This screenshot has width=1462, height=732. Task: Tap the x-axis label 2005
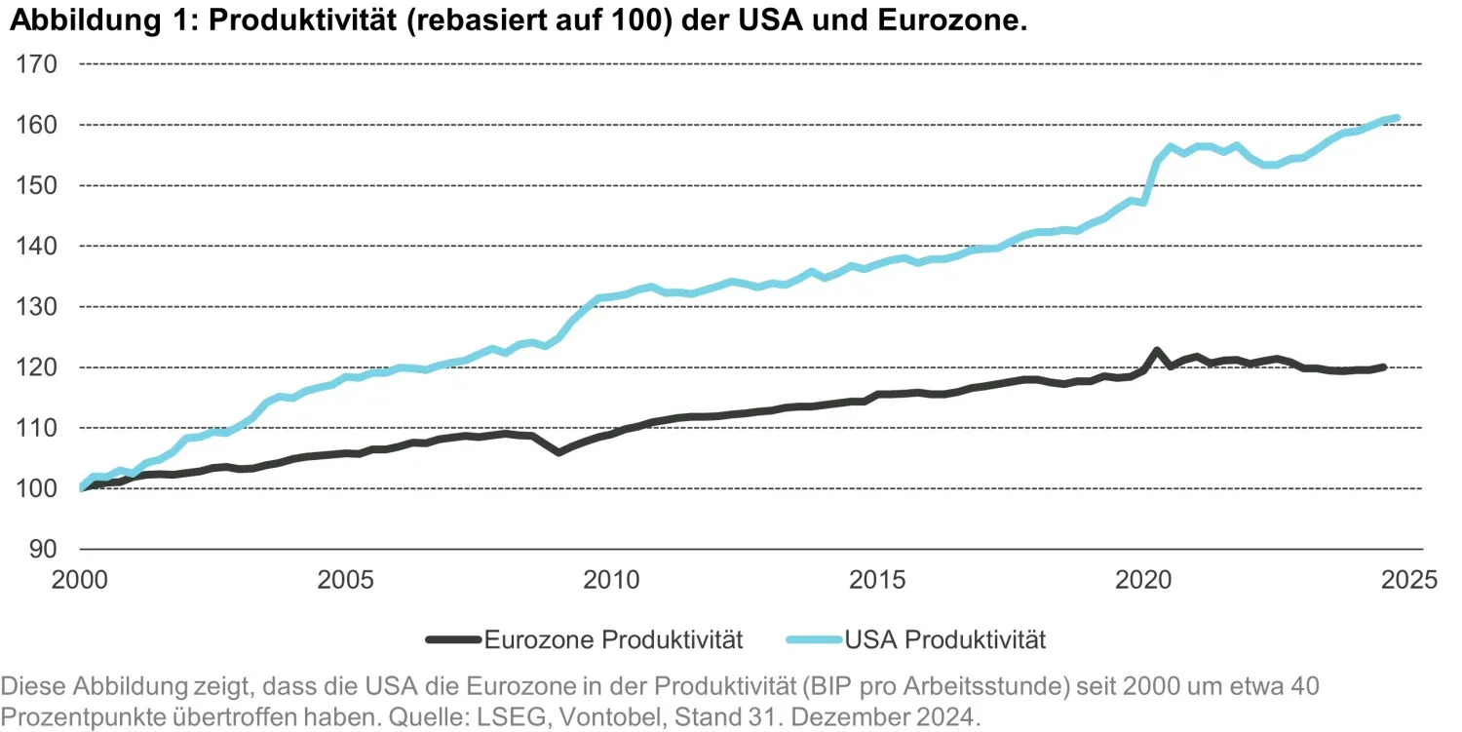[345, 581]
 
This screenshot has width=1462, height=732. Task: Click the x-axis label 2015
[876, 581]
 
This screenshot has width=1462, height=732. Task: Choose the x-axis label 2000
[79, 581]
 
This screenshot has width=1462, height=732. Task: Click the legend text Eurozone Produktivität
[613, 640]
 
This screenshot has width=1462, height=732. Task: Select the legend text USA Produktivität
[944, 640]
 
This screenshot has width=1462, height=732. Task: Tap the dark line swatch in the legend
[453, 640]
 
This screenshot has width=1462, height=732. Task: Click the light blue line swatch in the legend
[814, 640]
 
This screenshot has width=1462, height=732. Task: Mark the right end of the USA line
[1397, 118]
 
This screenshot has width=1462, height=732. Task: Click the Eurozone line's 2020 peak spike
[1156, 350]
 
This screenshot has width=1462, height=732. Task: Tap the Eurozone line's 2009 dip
[558, 452]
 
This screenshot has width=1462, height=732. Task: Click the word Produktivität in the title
[302, 21]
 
